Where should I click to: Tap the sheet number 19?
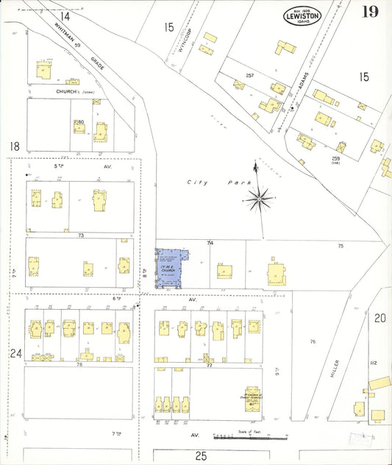coord(370,12)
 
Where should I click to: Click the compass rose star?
coord(260,196)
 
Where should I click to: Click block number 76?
coord(313,341)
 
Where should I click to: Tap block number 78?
coord(79,364)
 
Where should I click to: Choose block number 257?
coord(250,76)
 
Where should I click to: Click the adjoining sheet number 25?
coord(200,456)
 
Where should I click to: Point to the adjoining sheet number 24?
coord(15,353)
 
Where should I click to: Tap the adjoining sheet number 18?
coord(13,146)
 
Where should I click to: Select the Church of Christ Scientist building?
coord(252,395)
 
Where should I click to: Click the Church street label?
coord(68,92)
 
